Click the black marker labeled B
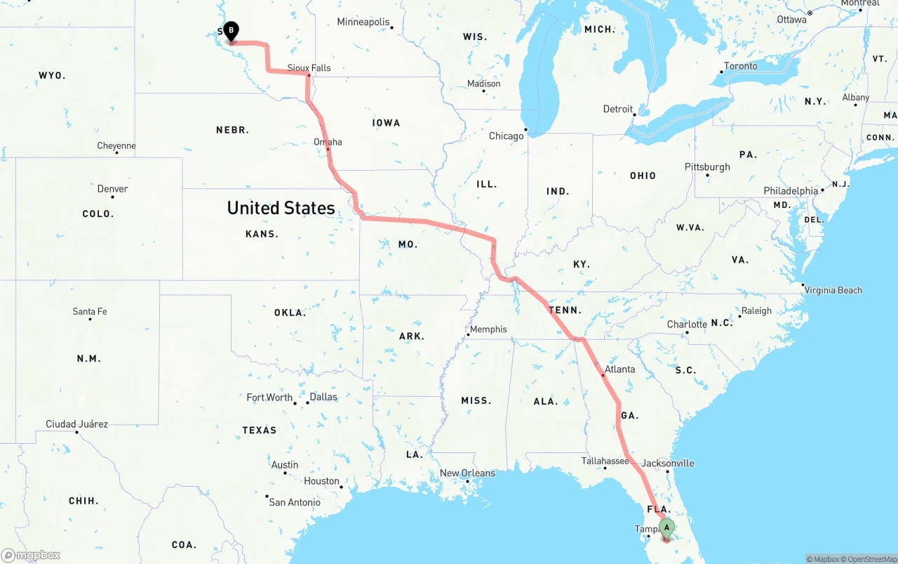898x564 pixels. [x=231, y=31]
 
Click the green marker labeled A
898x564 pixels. [x=666, y=527]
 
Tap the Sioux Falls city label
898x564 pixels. [x=309, y=68]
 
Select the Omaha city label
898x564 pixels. [x=328, y=142]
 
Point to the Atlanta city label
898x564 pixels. [x=619, y=369]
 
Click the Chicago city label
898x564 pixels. [x=506, y=136]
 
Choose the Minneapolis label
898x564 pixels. [x=363, y=22]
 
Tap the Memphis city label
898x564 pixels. [x=488, y=329]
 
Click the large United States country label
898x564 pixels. [x=281, y=208]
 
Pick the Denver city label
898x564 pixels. [x=112, y=188]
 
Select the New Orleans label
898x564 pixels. [x=467, y=473]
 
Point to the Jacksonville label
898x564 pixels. [x=667, y=463]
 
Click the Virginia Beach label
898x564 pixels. [x=833, y=290]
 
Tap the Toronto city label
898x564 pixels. [x=740, y=66]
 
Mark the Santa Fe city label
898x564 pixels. [x=90, y=311]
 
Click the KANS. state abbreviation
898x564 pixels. [x=262, y=234]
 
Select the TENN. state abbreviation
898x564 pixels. [x=565, y=310]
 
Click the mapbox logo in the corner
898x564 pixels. [x=31, y=555]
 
